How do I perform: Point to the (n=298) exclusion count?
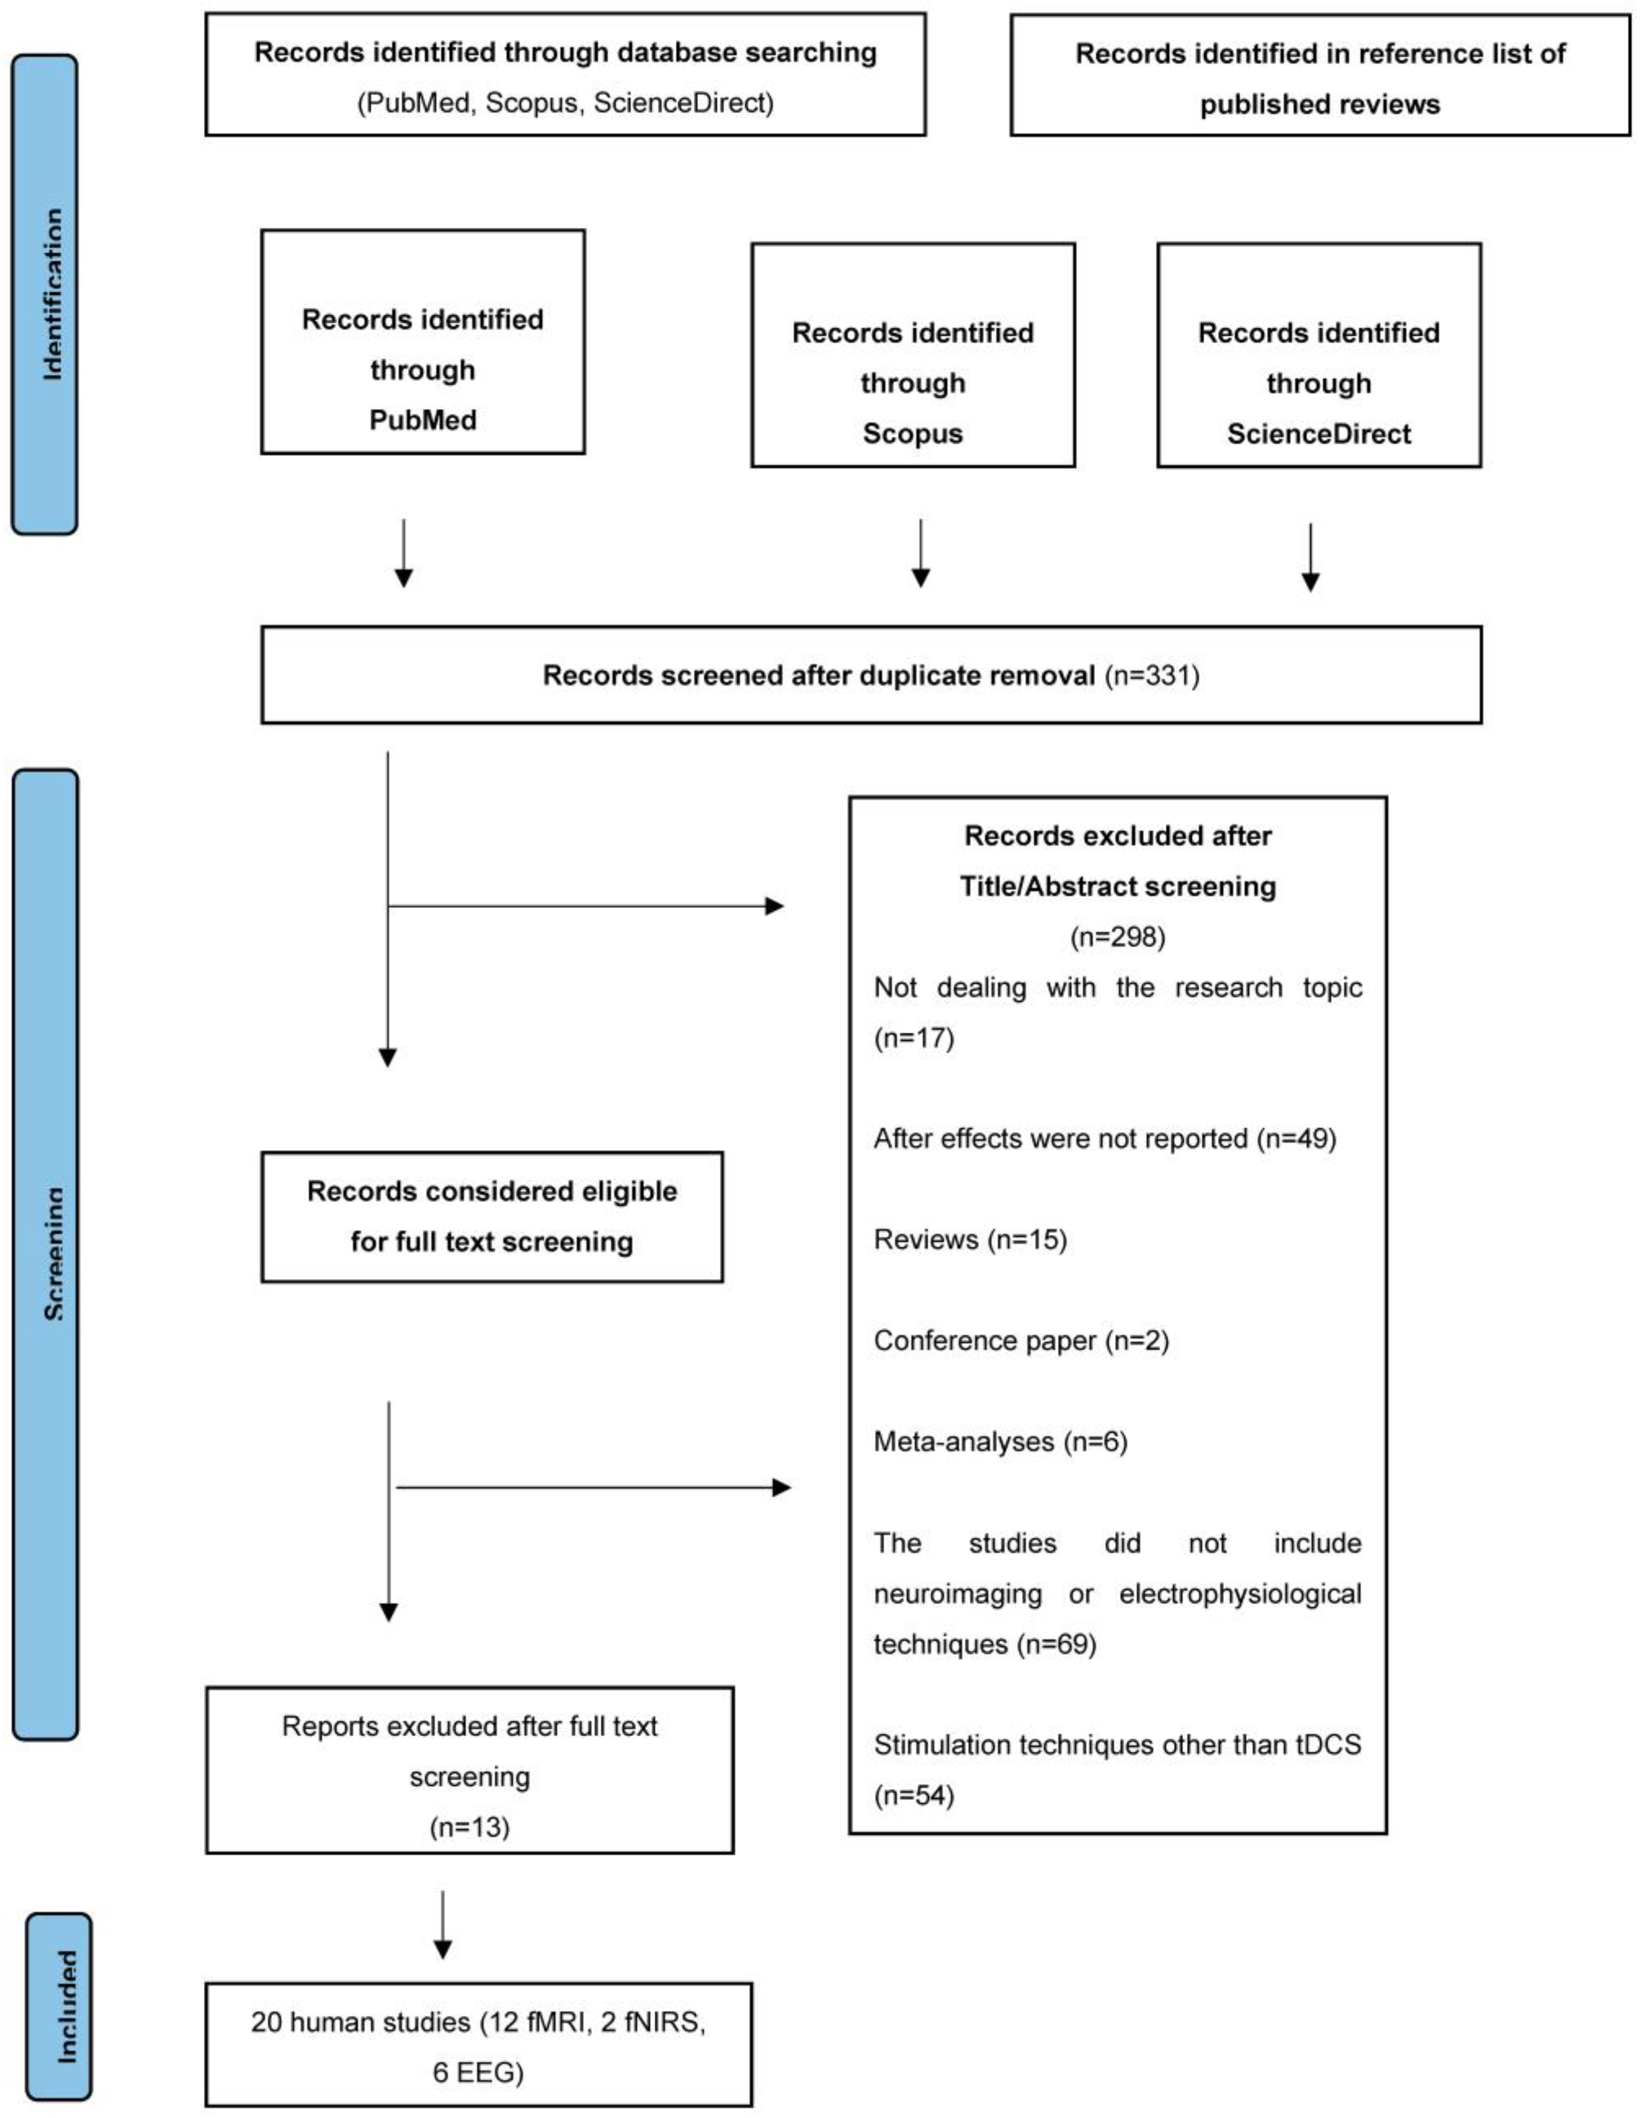[1117, 937]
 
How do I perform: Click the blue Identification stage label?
[45, 294]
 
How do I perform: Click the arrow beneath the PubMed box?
[403, 553]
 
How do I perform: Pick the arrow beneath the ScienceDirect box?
[1310, 557]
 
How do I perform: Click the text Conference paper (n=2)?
[1021, 1341]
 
